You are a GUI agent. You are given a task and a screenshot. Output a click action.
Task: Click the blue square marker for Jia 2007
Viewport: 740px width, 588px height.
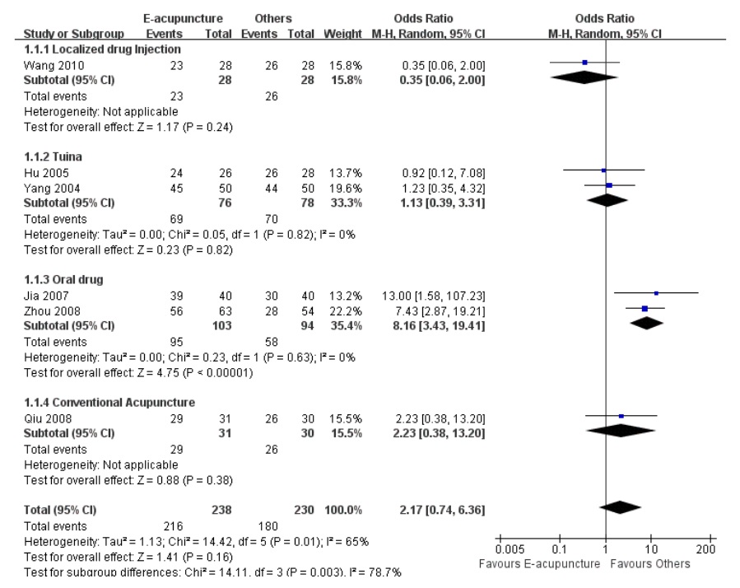point(656,293)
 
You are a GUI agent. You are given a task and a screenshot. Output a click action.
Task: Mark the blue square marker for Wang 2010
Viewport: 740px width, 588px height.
point(584,63)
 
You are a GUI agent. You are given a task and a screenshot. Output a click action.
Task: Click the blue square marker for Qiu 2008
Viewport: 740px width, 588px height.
point(621,416)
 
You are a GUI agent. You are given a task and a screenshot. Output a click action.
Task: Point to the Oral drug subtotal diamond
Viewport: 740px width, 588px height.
point(645,323)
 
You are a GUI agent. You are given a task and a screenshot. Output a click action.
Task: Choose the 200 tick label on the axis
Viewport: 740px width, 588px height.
point(705,548)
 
